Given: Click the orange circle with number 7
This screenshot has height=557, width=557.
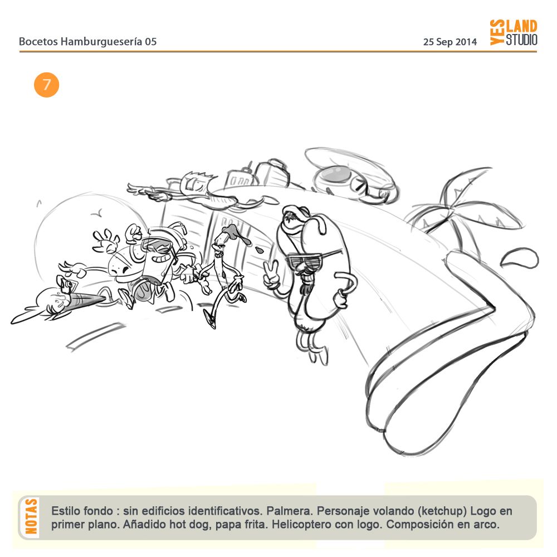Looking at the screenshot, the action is [47, 85].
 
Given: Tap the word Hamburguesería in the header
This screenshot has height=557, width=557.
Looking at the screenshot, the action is [101, 42].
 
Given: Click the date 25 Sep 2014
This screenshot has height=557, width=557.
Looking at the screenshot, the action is [449, 42].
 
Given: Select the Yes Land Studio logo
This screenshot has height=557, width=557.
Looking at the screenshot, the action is [514, 32].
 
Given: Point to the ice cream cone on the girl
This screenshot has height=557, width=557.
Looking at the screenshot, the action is [85, 299].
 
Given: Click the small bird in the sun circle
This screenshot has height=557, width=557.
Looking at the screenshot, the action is [96, 214].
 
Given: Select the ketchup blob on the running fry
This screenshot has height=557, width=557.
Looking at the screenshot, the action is [235, 233].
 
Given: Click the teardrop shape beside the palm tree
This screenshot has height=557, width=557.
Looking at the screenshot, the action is [519, 257].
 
